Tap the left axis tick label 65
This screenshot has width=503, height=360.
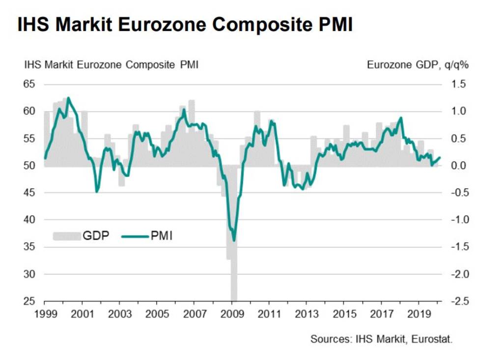pos(30,84)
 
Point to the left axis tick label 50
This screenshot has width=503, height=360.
pos(30,166)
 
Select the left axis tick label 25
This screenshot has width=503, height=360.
pos(30,301)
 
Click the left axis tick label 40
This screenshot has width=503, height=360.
pos(30,220)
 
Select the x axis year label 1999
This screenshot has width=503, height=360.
pos(45,314)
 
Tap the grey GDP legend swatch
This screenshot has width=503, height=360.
pos(66,236)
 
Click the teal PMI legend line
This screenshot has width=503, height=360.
pos(134,236)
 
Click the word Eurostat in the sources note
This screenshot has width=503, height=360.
pos(432,339)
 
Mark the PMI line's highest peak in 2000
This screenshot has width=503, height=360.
pos(68,98)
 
